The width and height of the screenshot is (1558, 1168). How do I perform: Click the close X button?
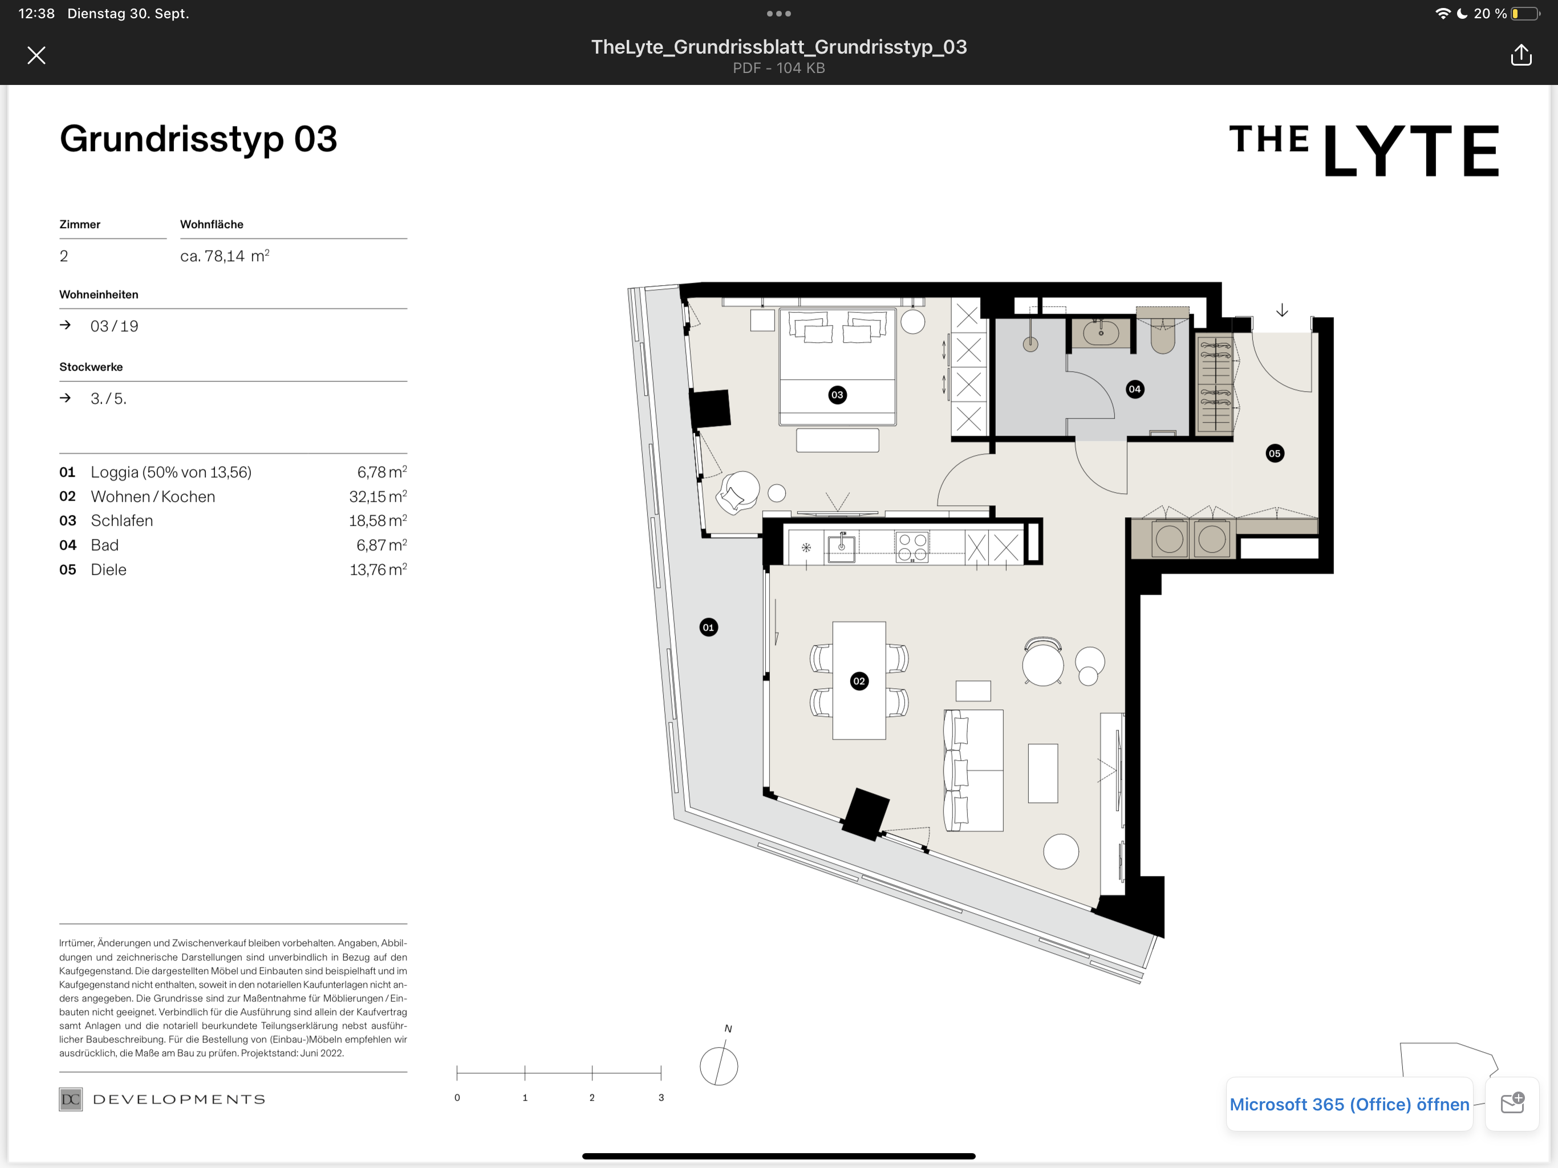click(36, 55)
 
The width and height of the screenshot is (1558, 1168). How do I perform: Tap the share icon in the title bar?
click(1521, 55)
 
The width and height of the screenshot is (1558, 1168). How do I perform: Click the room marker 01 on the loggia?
click(708, 627)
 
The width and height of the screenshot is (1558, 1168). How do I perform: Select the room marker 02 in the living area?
click(859, 680)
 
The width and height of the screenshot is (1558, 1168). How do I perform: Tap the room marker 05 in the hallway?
click(1274, 453)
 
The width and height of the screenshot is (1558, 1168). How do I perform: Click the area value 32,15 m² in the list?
click(378, 496)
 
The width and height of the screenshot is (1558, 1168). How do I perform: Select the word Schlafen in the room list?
click(122, 521)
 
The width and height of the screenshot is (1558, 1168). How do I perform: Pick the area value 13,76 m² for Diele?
click(378, 569)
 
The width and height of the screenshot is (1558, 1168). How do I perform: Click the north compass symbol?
click(719, 1065)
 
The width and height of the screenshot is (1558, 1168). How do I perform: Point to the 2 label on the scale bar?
click(591, 1097)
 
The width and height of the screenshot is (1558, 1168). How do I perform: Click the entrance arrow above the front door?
click(1282, 310)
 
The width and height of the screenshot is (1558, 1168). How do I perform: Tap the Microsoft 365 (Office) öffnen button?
click(1349, 1104)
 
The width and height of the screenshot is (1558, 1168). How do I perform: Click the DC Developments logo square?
click(71, 1099)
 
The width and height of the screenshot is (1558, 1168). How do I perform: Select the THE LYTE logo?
click(1364, 149)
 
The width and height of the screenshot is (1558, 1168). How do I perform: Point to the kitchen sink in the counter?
click(841, 547)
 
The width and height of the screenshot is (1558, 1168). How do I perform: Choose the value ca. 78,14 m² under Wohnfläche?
click(225, 255)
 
